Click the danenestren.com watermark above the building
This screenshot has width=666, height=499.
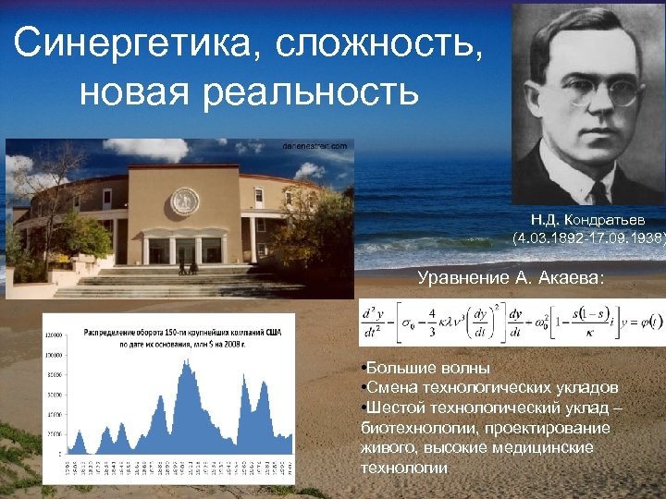[314, 146]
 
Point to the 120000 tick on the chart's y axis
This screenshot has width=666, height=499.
[55, 335]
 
